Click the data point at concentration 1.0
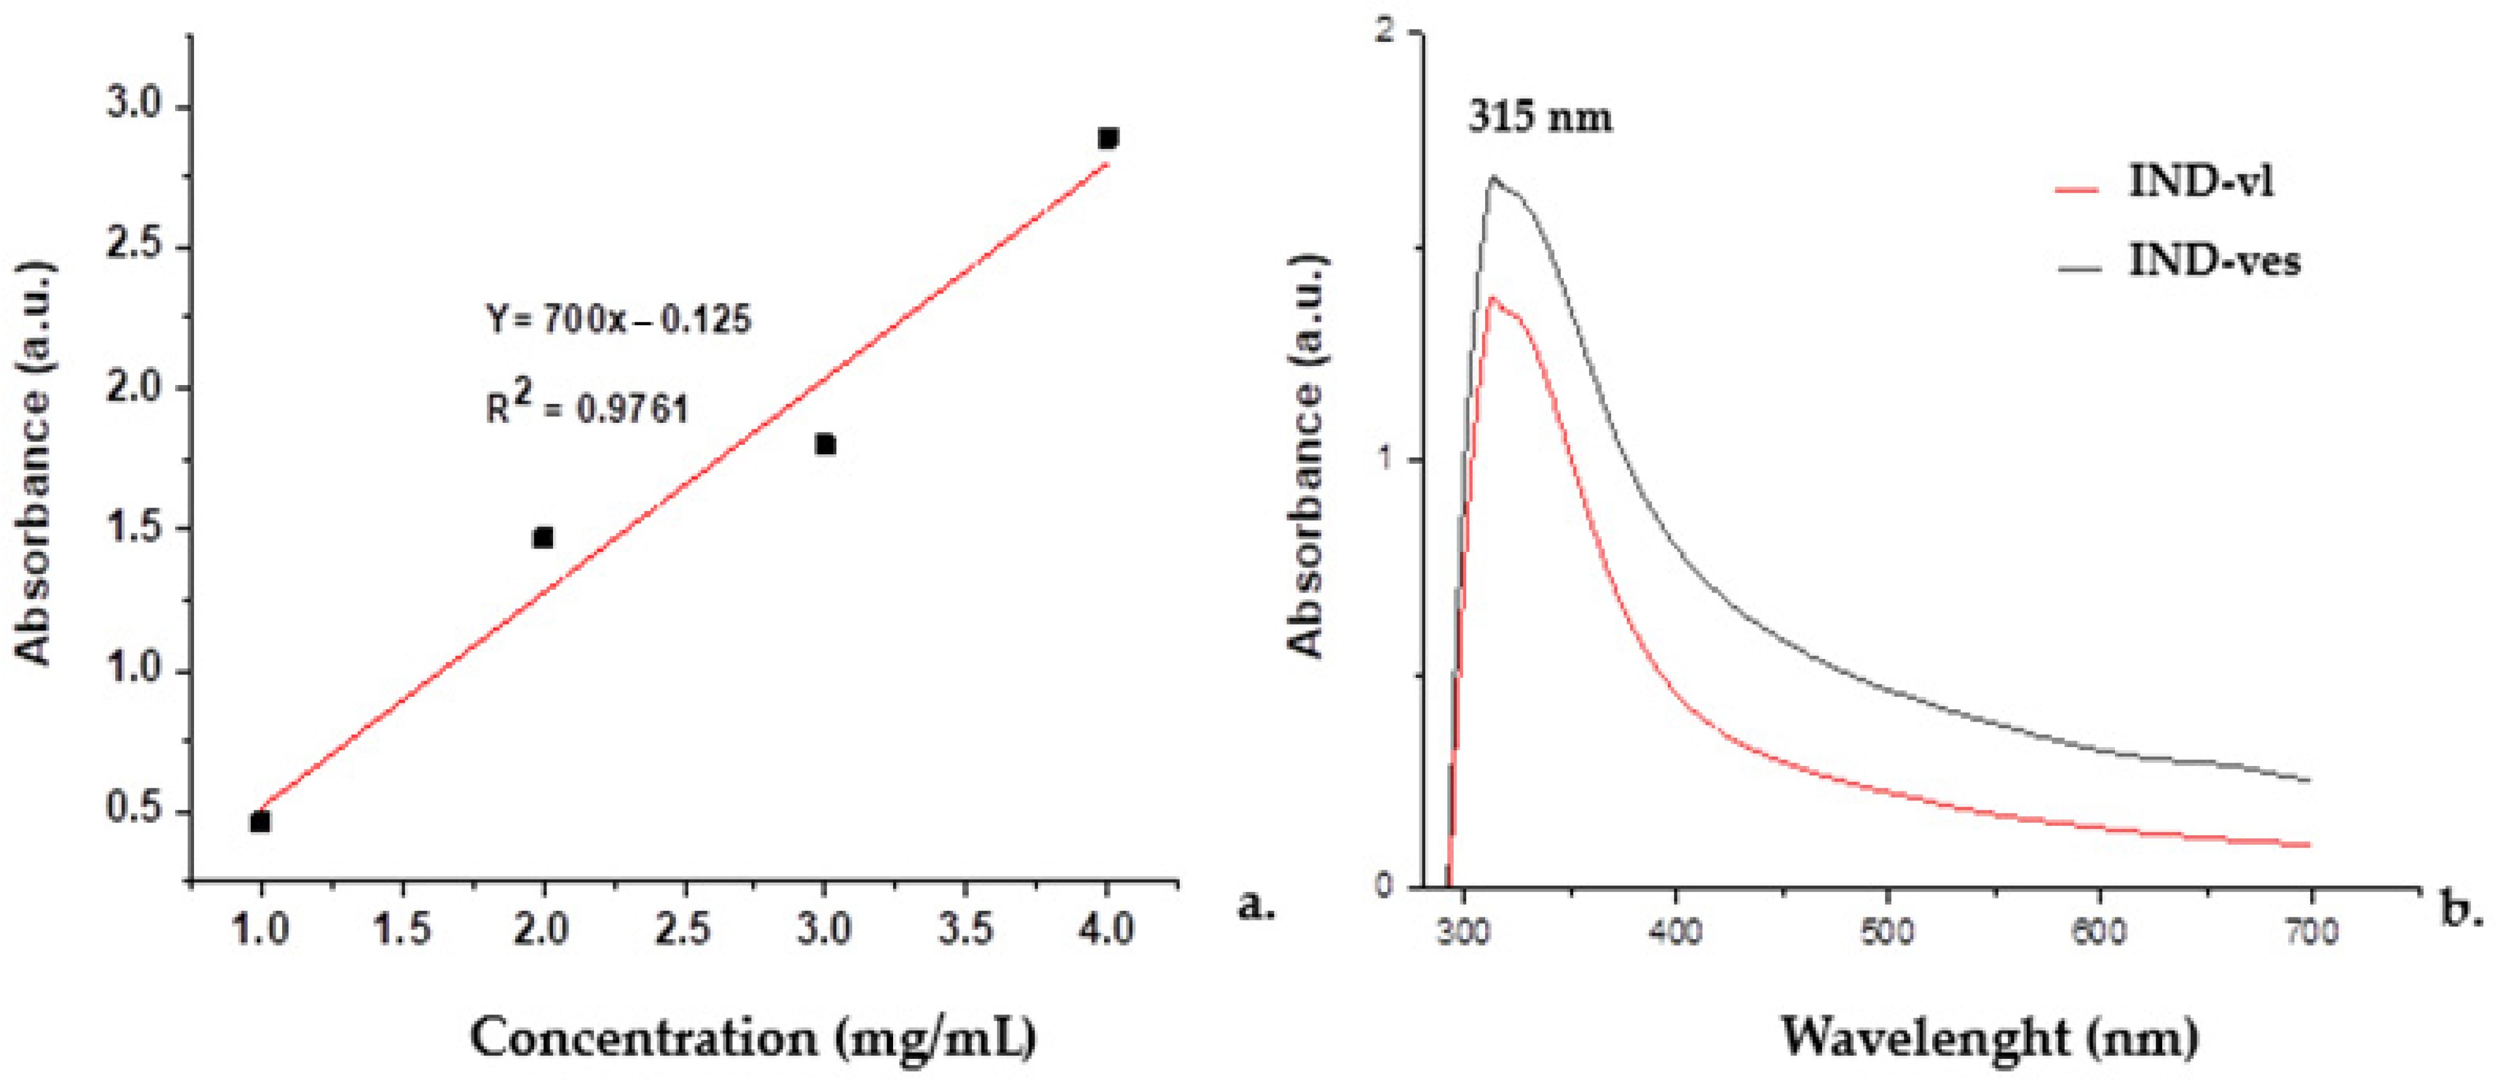(260, 821)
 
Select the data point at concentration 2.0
(543, 537)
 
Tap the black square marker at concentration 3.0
(826, 444)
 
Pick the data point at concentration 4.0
(1108, 138)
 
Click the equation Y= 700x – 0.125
(619, 319)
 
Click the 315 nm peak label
(1539, 117)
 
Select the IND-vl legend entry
(2198, 182)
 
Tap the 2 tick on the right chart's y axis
(1387, 32)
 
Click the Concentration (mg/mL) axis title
(753, 1037)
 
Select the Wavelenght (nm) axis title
(1989, 1037)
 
